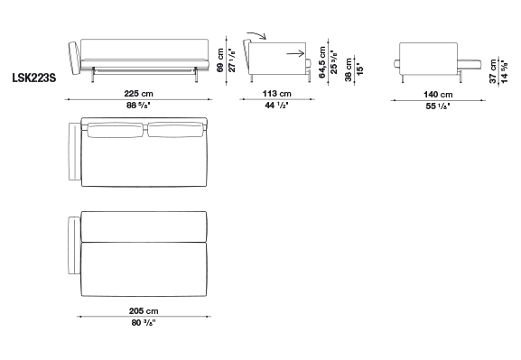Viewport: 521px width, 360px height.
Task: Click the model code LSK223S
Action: click(x=34, y=78)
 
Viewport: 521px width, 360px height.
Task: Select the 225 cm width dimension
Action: click(x=138, y=94)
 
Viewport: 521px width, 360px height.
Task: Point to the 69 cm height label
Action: click(x=220, y=60)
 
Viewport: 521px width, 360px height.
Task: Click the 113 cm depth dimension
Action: click(x=277, y=94)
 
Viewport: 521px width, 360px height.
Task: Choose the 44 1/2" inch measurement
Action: click(x=276, y=106)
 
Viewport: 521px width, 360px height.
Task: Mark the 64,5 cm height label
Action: click(x=322, y=62)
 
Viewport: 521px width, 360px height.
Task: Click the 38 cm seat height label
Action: click(x=349, y=69)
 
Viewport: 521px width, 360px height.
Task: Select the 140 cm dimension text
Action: click(x=438, y=95)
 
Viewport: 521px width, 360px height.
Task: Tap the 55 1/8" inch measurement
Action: click(x=438, y=106)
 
